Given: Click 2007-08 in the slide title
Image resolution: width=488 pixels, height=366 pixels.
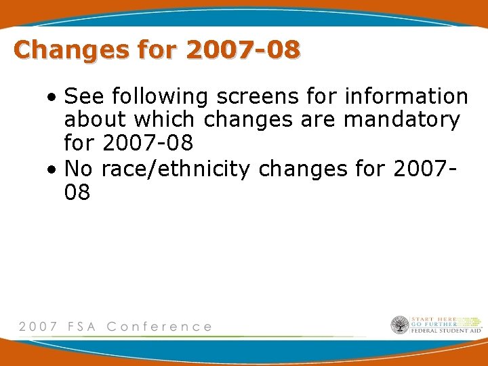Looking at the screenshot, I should coord(243,49).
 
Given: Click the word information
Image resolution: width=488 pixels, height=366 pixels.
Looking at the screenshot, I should coord(406,97).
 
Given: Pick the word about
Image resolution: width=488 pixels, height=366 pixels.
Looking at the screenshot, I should coord(96,121).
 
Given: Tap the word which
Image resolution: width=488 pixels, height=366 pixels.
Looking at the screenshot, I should coord(166,121).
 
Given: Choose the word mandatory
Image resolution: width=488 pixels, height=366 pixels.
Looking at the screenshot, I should coord(402,121).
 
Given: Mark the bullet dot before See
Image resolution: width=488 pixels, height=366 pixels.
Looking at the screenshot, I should coord(52,98).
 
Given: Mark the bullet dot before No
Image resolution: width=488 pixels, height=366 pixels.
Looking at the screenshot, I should coord(52,169).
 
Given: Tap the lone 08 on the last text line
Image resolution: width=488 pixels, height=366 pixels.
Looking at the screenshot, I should coord(77,192).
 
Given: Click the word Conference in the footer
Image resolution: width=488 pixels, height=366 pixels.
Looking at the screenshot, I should coord(159,326).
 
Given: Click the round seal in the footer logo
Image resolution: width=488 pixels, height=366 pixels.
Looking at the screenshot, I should coord(400,325).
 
